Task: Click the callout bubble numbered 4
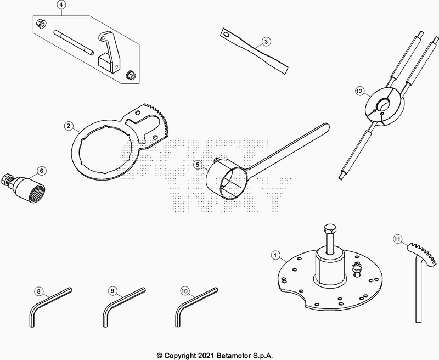click(x=62, y=5)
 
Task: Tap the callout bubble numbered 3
click(x=266, y=42)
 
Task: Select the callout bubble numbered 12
click(x=359, y=91)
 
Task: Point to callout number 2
click(x=68, y=126)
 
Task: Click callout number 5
click(x=198, y=165)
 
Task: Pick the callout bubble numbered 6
click(x=42, y=171)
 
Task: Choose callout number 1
click(x=275, y=255)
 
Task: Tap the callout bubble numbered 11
click(x=397, y=239)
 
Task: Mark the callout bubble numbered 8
click(x=38, y=291)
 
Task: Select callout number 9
click(x=112, y=291)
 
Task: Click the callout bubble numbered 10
click(x=184, y=291)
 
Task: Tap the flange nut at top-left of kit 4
click(x=41, y=24)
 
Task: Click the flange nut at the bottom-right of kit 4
click(x=131, y=74)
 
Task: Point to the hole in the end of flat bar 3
click(x=226, y=35)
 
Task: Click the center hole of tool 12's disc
click(x=382, y=104)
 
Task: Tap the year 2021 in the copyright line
click(x=206, y=356)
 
